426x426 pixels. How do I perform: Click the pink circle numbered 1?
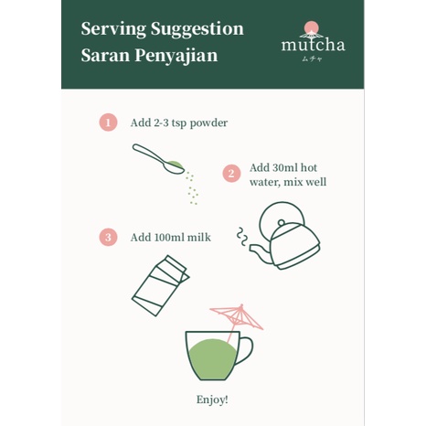point(108,122)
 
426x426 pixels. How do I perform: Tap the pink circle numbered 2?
point(231,174)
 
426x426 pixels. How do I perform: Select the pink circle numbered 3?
point(108,237)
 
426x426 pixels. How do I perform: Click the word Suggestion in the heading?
point(197,29)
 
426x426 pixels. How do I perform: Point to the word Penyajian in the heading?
point(176,56)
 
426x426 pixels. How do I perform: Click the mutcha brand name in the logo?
point(313,45)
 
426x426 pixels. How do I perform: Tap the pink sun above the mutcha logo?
point(311,27)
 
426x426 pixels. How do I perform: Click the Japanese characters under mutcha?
point(312,59)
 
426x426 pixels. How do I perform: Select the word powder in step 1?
point(208,123)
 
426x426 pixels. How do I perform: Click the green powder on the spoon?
point(176,165)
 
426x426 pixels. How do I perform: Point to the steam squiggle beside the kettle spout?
point(242,236)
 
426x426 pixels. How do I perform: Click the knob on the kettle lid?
point(282,223)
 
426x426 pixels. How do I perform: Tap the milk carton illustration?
point(161,285)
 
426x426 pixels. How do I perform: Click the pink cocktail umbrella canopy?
point(238,315)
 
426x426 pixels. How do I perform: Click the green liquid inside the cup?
point(212,359)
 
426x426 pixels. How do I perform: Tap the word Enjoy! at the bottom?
point(212,399)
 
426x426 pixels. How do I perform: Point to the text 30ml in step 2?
point(282,167)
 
